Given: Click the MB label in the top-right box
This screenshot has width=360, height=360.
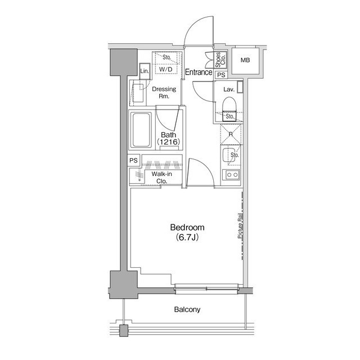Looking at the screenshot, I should [x=246, y=61].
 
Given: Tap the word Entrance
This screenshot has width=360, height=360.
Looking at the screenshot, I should [x=199, y=72].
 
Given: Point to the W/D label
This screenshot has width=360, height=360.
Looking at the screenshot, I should [x=166, y=69].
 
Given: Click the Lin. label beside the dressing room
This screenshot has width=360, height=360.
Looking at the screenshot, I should [x=145, y=71].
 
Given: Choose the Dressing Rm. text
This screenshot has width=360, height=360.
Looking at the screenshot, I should [x=164, y=92].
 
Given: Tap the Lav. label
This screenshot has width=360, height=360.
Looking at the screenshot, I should [x=228, y=89].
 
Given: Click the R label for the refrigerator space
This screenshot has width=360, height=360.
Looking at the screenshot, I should [x=231, y=134].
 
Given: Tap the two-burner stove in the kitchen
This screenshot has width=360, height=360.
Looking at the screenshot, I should [x=231, y=175].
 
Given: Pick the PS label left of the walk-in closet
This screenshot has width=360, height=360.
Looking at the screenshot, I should [x=134, y=160].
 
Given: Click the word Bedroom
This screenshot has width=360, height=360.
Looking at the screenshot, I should [x=187, y=227].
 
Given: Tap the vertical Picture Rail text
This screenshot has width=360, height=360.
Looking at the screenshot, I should [x=240, y=228].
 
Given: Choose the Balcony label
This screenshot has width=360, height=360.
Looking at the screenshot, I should [x=187, y=310].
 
